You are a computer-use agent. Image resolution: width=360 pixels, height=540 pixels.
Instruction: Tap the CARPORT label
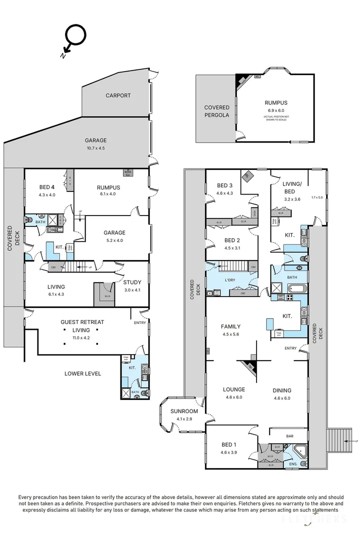[118, 95]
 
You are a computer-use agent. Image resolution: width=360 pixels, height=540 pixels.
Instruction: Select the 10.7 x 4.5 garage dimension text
[95, 148]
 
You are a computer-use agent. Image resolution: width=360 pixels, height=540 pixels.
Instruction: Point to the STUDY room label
[132, 282]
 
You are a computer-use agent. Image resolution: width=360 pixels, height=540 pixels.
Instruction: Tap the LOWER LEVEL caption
[83, 373]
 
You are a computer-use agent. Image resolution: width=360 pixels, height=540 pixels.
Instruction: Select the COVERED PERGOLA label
[216, 111]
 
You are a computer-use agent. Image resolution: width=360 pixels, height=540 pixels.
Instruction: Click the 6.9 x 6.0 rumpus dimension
[276, 110]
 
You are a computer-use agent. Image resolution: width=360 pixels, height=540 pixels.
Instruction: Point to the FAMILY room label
[231, 326]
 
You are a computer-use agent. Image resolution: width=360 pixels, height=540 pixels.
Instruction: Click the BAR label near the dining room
[289, 436]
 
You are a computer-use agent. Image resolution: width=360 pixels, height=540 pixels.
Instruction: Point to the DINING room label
[282, 390]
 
